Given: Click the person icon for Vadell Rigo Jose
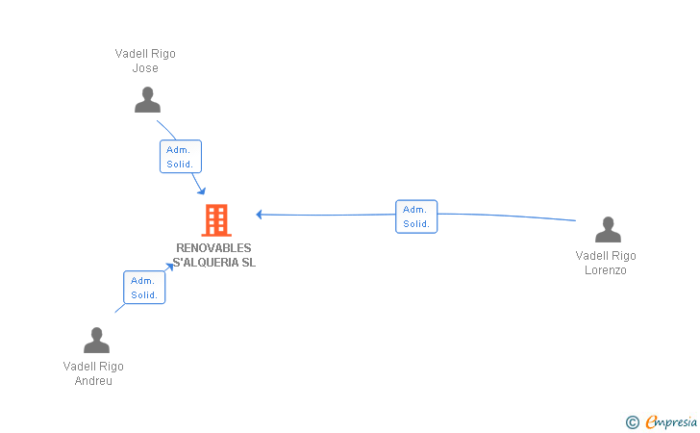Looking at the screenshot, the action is point(147,100).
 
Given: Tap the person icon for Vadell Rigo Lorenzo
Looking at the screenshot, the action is point(608,229).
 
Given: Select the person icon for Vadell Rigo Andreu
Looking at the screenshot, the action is point(96,340).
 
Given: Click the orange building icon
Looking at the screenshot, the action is point(216,219).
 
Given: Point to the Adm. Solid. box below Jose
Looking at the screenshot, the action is point(181,157).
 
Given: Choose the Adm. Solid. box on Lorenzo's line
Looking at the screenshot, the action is point(416,216).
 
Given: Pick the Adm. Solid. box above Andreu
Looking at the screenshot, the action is point(144,288).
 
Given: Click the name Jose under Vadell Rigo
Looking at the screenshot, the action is point(145,68).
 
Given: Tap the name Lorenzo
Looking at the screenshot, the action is point(606,270).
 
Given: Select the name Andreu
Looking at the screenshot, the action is point(93,381).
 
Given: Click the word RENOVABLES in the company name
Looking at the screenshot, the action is point(213,248).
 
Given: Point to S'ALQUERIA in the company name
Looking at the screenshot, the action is point(206,263).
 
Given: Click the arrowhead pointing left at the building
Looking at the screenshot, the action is point(259,215).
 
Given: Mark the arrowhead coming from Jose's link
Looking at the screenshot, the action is point(202,191).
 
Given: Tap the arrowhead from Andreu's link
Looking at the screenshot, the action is point(169,267).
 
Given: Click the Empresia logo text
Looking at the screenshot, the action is point(671,421).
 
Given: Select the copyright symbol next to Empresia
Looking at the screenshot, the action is point(633,422).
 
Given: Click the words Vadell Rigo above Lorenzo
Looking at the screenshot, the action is point(606,256).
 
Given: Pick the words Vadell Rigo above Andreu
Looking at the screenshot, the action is point(93,367).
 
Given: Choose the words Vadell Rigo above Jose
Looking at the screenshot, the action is point(145,54).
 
